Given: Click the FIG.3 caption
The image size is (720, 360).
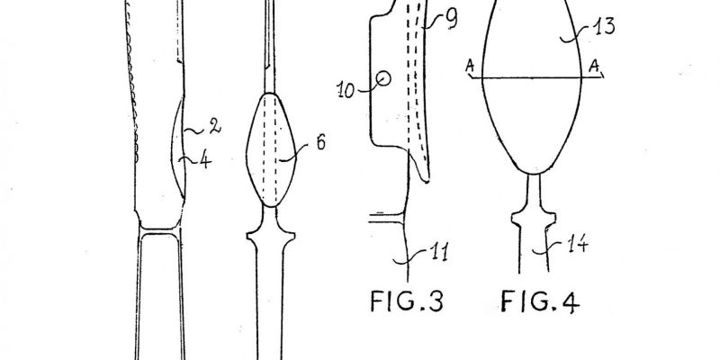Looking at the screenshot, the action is (x=407, y=301).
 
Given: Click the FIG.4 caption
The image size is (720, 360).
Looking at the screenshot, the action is (x=540, y=301).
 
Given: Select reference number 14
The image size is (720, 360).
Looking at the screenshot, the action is (x=577, y=244).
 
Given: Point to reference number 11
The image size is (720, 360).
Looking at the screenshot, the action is (x=438, y=253).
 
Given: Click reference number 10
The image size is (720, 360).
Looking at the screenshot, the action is (x=346, y=90).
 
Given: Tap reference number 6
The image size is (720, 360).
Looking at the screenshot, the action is (x=320, y=143).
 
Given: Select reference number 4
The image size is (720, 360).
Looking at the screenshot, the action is (x=206, y=161).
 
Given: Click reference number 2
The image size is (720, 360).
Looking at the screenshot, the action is (x=214, y=127).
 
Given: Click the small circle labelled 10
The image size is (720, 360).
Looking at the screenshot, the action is (x=383, y=79).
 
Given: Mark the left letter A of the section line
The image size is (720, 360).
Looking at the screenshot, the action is (x=469, y=67).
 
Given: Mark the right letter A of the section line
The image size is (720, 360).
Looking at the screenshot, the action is (x=594, y=67).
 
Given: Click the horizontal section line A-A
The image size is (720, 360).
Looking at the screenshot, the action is (x=535, y=78).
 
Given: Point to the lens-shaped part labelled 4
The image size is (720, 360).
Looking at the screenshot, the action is (x=177, y=147).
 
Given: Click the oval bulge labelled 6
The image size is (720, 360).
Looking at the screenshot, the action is (x=271, y=149).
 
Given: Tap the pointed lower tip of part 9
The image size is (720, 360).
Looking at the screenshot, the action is (x=427, y=182).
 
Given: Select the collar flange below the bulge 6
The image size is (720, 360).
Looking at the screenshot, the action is (x=271, y=234).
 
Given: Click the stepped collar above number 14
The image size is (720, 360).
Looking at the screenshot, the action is (x=534, y=217).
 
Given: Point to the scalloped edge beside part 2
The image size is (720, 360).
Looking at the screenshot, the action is (x=131, y=83).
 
